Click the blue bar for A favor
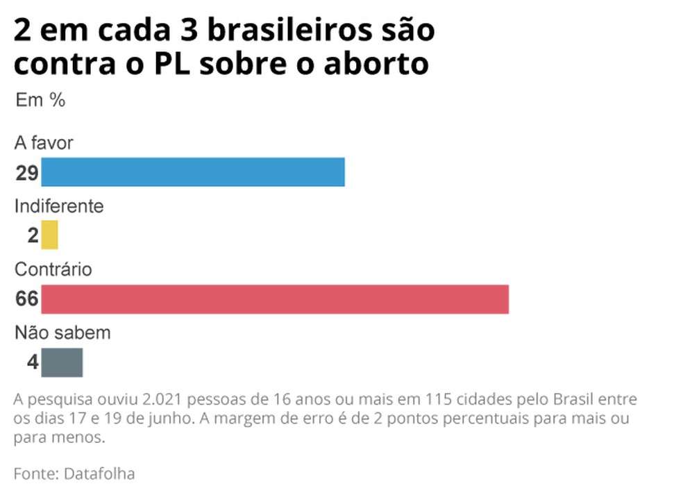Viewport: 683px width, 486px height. coord(193,172)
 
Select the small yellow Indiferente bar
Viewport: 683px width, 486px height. coord(49,235)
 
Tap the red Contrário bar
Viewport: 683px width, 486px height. coord(275,299)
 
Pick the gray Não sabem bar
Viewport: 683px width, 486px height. coord(62,362)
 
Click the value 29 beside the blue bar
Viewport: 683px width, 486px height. coord(26,173)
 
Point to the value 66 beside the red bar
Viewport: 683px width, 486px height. coord(26,300)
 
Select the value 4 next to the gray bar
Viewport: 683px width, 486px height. coord(33,362)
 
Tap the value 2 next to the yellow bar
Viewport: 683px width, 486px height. coord(33,235)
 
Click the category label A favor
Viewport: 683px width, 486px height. coord(44,143)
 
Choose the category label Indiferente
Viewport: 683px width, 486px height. coord(59,206)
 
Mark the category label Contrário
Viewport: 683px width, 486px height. coord(53,269)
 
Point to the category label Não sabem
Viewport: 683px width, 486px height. coord(62,333)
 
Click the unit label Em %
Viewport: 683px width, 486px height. coord(40,100)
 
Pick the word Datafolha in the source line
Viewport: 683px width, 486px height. coord(99,474)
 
